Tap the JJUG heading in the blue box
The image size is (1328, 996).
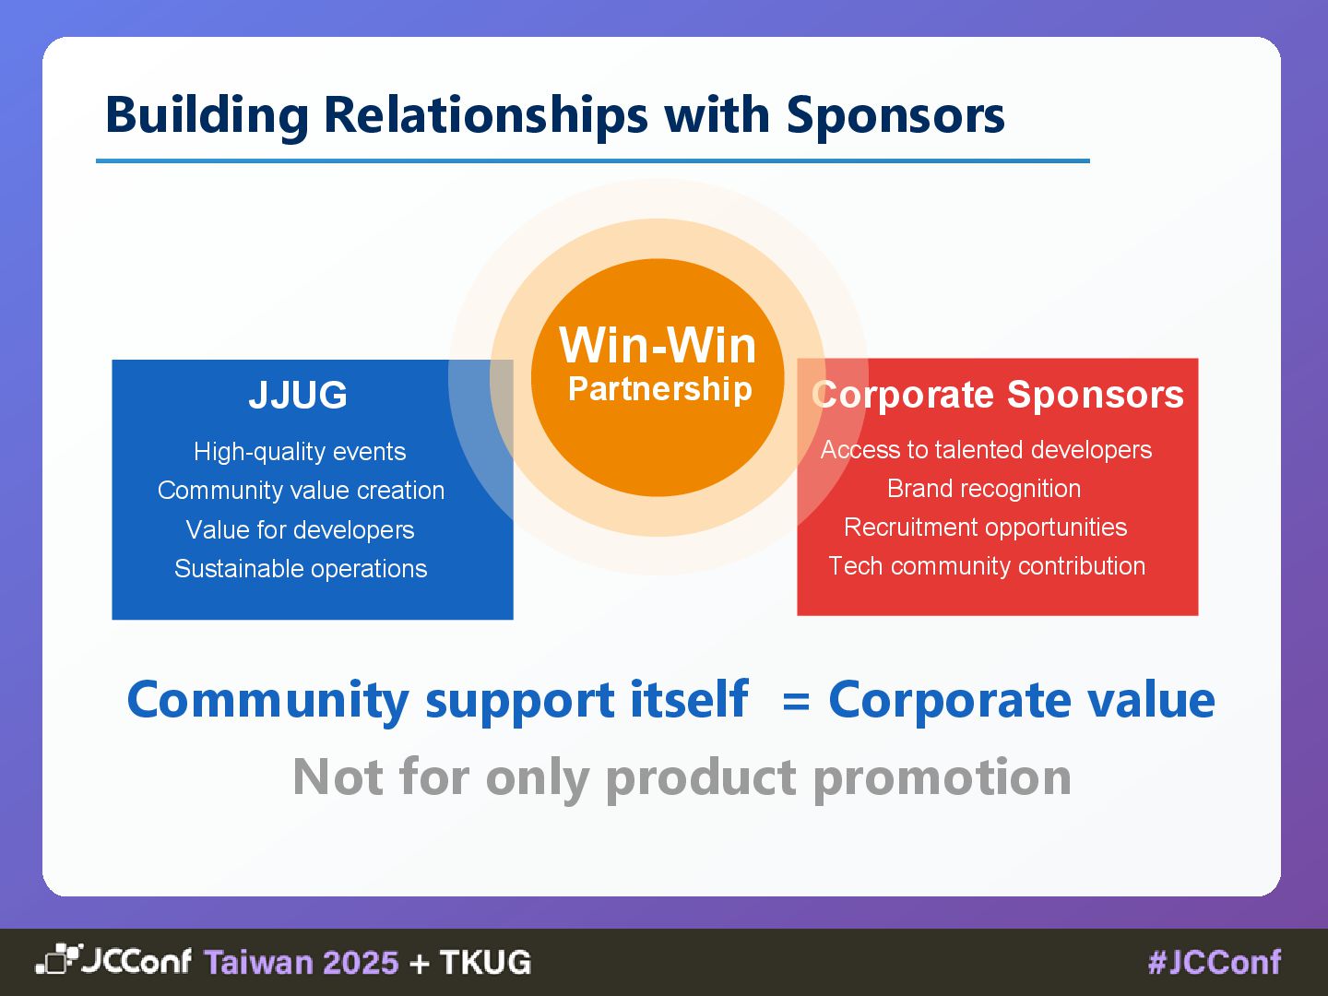point(298,395)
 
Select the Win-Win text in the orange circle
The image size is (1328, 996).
point(658,346)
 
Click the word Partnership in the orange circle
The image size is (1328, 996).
point(659,389)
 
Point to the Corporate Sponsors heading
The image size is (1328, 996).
point(997,395)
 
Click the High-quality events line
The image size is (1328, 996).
point(300,452)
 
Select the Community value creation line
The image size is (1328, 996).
point(301,491)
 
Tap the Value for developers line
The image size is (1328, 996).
point(300,530)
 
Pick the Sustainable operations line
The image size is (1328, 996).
point(301,569)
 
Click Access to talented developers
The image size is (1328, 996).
point(986,450)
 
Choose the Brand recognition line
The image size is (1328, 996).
point(984,489)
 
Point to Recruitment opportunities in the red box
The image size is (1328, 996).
point(985,528)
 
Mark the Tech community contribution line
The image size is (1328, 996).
point(987,566)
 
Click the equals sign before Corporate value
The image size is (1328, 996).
point(796,702)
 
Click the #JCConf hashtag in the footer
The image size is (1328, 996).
point(1215,963)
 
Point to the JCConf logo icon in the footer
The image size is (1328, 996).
point(58,960)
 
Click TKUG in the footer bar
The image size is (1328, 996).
point(485,963)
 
